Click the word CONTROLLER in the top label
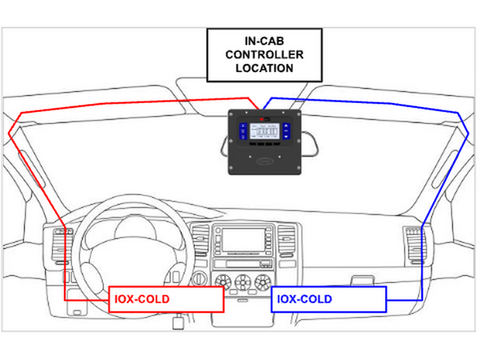(264, 54)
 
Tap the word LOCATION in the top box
(264, 68)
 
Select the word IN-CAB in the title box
(264, 39)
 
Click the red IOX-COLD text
(143, 299)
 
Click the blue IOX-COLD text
(305, 299)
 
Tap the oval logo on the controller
(264, 161)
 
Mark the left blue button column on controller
(242, 133)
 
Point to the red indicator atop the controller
(264, 117)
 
